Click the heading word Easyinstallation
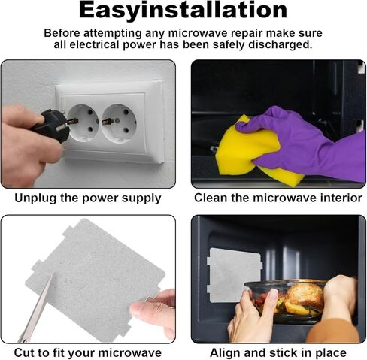[x=183, y=11]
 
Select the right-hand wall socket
[x=119, y=123]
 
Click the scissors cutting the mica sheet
[x=36, y=310]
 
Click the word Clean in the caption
[x=211, y=198]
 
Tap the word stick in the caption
[x=284, y=352]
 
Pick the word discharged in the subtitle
[x=281, y=44]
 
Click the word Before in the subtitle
[x=62, y=33]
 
